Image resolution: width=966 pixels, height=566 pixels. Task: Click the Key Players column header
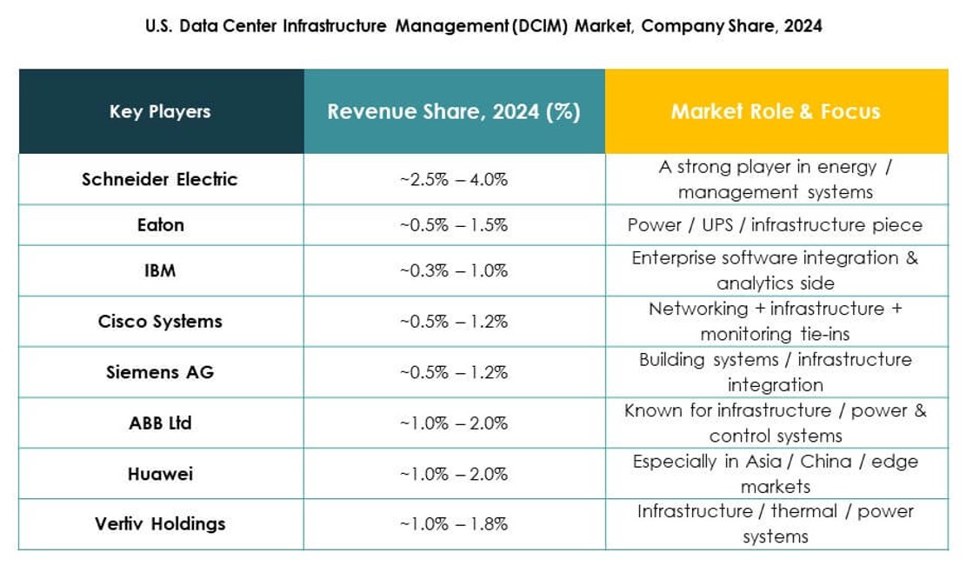coord(160,111)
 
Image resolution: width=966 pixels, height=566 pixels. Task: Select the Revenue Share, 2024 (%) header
coord(454,111)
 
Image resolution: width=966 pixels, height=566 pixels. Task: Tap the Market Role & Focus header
coord(776,111)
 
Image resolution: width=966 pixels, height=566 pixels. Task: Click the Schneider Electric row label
coord(160,179)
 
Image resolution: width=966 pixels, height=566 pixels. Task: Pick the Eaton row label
coord(160,224)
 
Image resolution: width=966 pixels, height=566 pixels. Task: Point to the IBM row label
coord(160,270)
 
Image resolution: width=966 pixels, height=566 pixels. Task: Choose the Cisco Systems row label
coord(160,321)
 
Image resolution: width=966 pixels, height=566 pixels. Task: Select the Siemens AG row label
coord(160,372)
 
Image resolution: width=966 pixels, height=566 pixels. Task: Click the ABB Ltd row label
coord(160,423)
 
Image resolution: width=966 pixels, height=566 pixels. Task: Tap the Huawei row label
coord(160,474)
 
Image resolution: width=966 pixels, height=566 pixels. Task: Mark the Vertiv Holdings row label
coord(160,523)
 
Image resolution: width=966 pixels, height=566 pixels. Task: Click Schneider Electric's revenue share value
coord(454,180)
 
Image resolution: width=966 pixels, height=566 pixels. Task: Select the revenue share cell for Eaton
coord(454,225)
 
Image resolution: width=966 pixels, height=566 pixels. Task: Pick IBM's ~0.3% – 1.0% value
coord(454,271)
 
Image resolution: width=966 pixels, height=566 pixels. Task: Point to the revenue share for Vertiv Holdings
coord(454,524)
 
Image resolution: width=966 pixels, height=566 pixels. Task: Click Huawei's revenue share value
coord(454,475)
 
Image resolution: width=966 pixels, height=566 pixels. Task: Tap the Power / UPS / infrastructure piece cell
coord(776,225)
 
